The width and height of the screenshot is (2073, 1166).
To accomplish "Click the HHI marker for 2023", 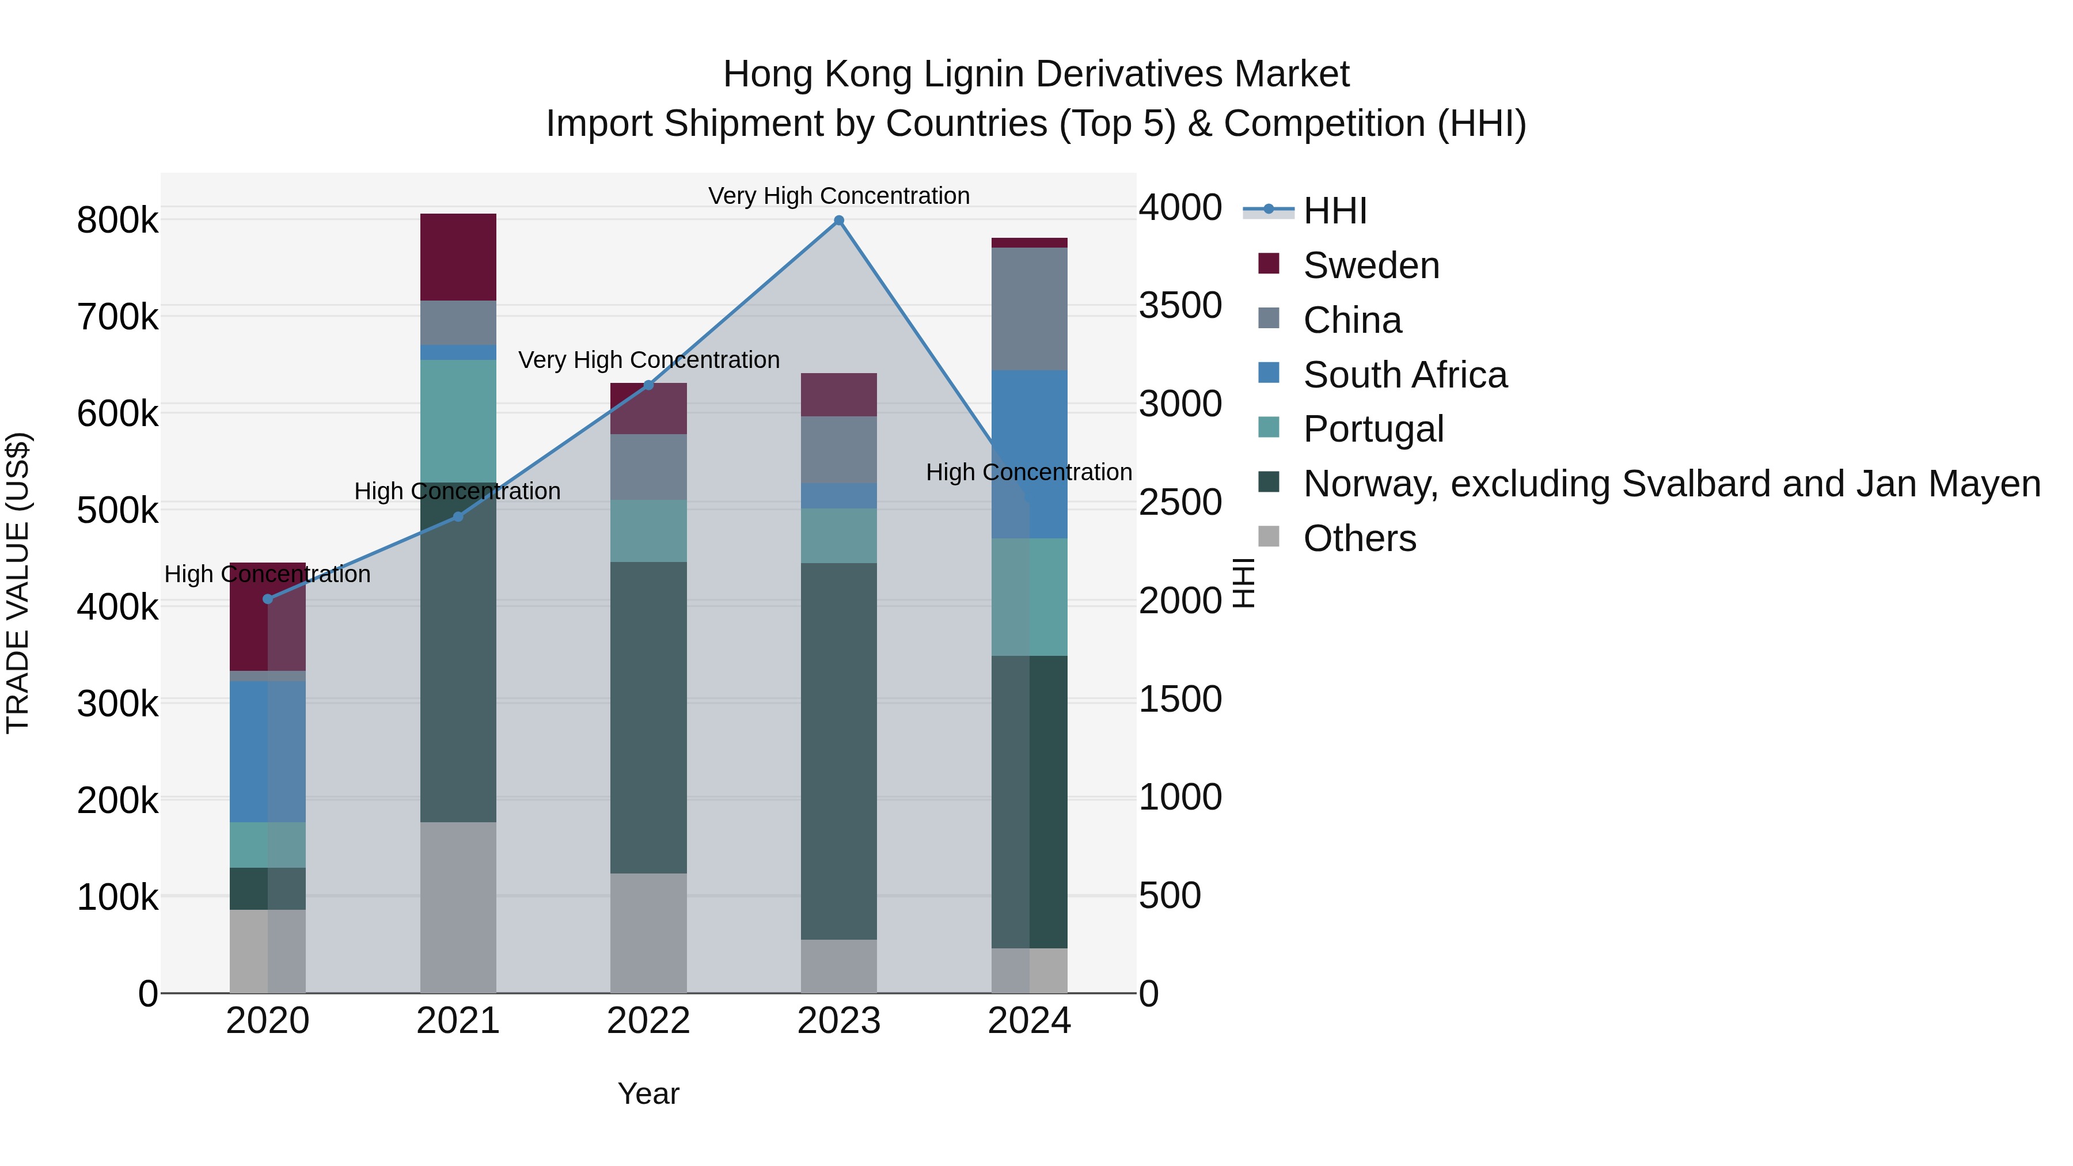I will tap(838, 221).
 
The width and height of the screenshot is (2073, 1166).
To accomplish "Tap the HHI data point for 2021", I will tap(458, 516).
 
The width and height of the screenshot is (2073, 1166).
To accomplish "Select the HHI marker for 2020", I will tap(268, 599).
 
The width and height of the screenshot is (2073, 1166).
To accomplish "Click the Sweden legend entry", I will tap(1370, 265).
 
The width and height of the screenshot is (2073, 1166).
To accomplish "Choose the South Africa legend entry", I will tap(1404, 375).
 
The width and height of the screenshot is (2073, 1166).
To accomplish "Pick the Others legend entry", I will tap(1359, 538).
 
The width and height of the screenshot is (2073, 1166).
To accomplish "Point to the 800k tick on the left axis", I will tap(117, 221).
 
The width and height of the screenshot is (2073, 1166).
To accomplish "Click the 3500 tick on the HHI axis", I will tap(1180, 305).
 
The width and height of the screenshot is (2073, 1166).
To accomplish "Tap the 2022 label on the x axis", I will tap(648, 1021).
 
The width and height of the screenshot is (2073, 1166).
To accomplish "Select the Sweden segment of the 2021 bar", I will tap(458, 257).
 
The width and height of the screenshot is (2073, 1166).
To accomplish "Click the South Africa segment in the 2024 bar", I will tap(1029, 454).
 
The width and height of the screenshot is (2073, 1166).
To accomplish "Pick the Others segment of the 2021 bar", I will tap(458, 907).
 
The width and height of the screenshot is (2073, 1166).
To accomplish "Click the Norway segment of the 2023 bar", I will tap(838, 751).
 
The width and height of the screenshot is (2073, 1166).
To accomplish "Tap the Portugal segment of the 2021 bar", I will tap(458, 421).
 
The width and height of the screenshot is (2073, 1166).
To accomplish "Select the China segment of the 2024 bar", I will tap(1029, 309).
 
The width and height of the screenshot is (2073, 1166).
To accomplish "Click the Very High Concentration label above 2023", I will tap(838, 196).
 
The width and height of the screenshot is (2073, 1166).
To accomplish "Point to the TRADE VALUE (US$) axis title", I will tap(18, 583).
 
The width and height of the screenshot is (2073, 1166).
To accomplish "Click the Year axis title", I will tap(648, 1093).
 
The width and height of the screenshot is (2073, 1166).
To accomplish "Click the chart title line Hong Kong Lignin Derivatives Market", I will tap(1036, 74).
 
